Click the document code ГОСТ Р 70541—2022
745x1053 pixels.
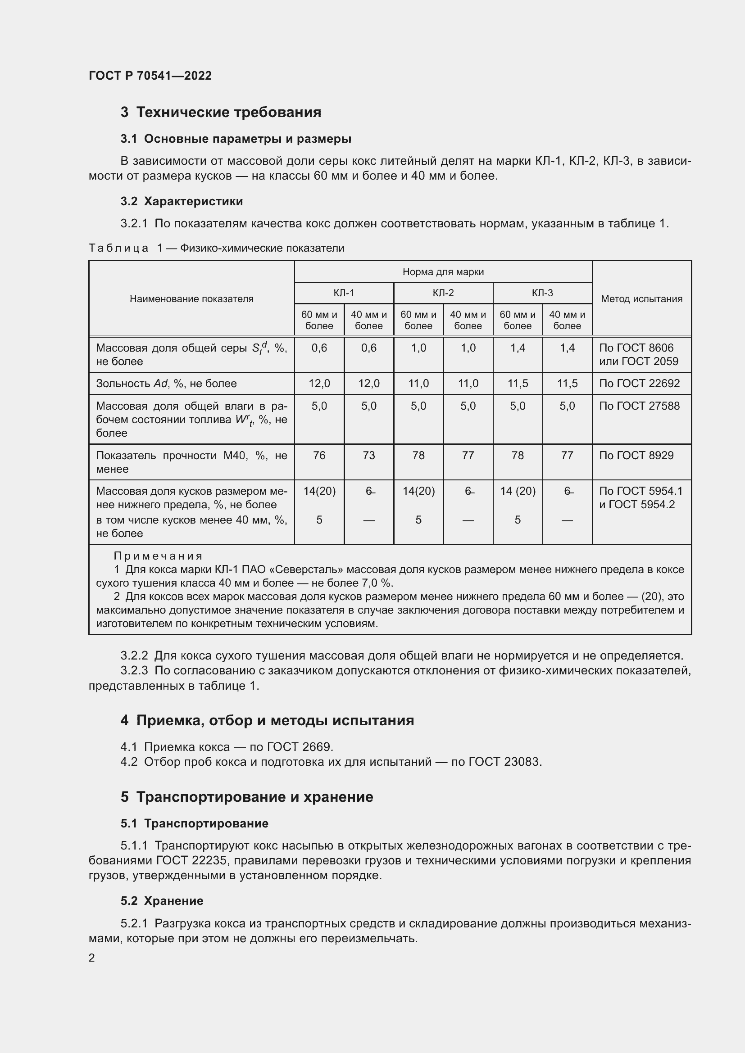point(150,76)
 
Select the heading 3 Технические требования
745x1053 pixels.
point(221,113)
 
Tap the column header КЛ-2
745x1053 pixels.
point(443,293)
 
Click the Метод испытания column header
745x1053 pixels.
point(641,299)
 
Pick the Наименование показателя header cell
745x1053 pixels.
point(191,299)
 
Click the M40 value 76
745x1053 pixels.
point(319,456)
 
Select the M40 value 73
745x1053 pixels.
point(368,456)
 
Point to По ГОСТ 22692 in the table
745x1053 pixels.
point(639,384)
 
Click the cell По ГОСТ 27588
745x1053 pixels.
point(639,406)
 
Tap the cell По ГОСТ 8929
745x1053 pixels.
point(636,456)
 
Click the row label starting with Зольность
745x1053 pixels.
point(166,384)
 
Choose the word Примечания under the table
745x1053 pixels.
point(158,556)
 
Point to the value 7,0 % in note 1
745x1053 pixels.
point(378,583)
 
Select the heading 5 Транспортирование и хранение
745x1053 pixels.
point(247,797)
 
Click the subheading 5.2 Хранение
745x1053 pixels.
point(162,901)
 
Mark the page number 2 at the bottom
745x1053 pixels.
point(92,958)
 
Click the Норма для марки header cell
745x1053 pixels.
point(443,272)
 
